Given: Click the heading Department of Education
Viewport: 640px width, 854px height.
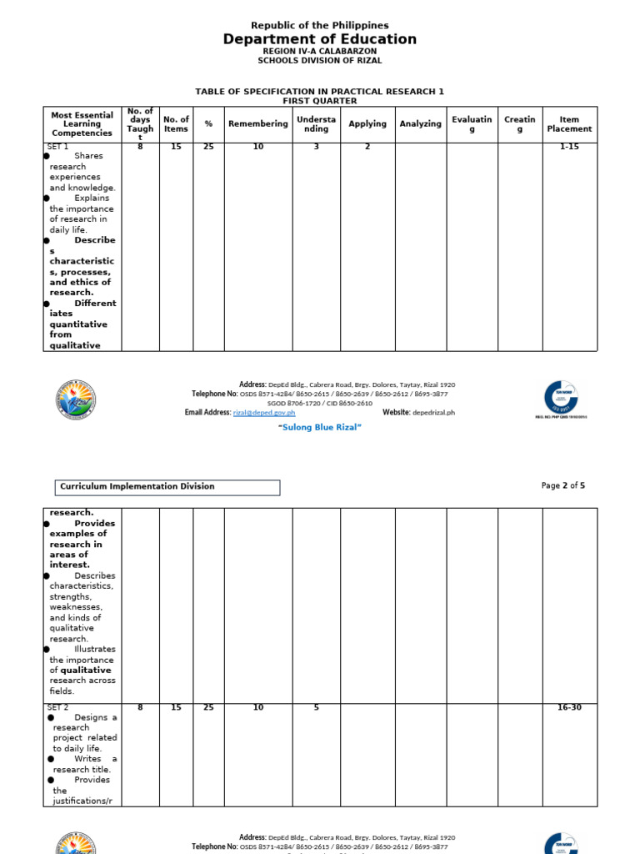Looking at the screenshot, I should click(x=320, y=39).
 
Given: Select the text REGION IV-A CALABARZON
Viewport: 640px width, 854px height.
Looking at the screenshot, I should click(x=320, y=51).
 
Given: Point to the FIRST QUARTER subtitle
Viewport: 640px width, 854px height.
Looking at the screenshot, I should click(x=320, y=101).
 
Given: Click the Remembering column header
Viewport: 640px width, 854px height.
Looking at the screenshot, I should click(x=258, y=124).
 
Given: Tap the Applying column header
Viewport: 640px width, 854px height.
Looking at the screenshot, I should click(x=367, y=124).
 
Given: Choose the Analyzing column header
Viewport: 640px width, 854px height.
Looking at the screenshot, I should click(x=420, y=124).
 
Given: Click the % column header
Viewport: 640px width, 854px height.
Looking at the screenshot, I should click(x=208, y=124).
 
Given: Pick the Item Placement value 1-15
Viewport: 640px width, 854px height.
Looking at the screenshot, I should click(x=569, y=147).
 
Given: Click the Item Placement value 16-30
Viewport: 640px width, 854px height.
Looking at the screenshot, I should click(x=569, y=708).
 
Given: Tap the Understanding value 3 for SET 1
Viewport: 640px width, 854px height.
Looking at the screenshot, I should click(x=316, y=147).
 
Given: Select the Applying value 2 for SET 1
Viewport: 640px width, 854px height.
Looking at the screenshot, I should click(x=367, y=147).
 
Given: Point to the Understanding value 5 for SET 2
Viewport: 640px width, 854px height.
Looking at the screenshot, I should click(x=316, y=708).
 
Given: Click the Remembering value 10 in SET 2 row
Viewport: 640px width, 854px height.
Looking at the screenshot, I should click(x=258, y=708).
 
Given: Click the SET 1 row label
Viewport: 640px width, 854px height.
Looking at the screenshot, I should click(x=58, y=147).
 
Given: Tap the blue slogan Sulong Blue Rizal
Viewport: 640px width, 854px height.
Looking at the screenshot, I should click(x=319, y=427).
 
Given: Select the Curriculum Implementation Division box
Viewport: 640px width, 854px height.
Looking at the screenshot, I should click(x=167, y=487).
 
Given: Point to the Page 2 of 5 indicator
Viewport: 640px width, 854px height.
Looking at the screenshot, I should click(x=563, y=485).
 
